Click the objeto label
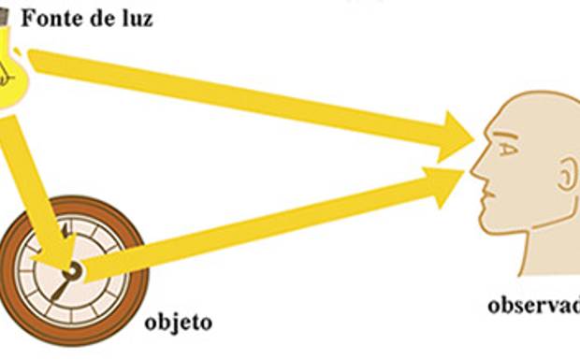[x=179, y=324]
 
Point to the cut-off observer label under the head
[x=533, y=306]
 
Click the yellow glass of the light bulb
[x=11, y=75]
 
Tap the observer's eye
[x=506, y=149]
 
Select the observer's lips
[x=485, y=199]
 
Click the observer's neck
[x=552, y=252]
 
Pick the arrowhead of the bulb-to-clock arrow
[x=59, y=253]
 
